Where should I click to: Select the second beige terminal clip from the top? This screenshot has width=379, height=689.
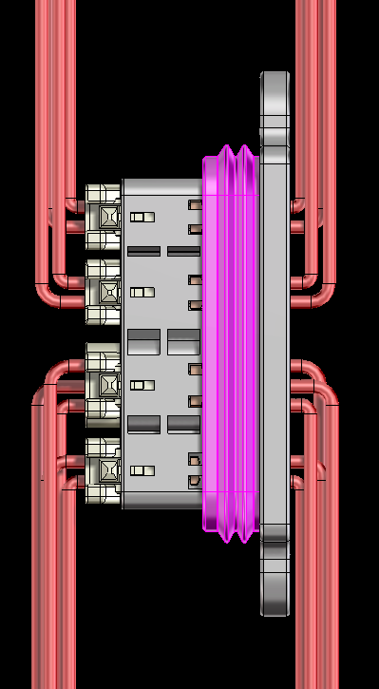(x=104, y=291)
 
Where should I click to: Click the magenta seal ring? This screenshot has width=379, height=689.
(x=228, y=342)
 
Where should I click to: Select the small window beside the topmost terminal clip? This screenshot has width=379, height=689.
(x=142, y=217)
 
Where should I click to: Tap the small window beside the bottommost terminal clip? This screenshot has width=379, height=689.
(x=142, y=470)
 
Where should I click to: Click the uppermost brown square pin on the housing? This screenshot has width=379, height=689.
(x=196, y=204)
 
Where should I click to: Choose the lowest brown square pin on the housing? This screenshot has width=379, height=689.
(x=196, y=481)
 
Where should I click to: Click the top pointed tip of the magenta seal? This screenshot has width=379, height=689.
(x=228, y=149)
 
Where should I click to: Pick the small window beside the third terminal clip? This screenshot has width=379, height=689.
(x=142, y=385)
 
